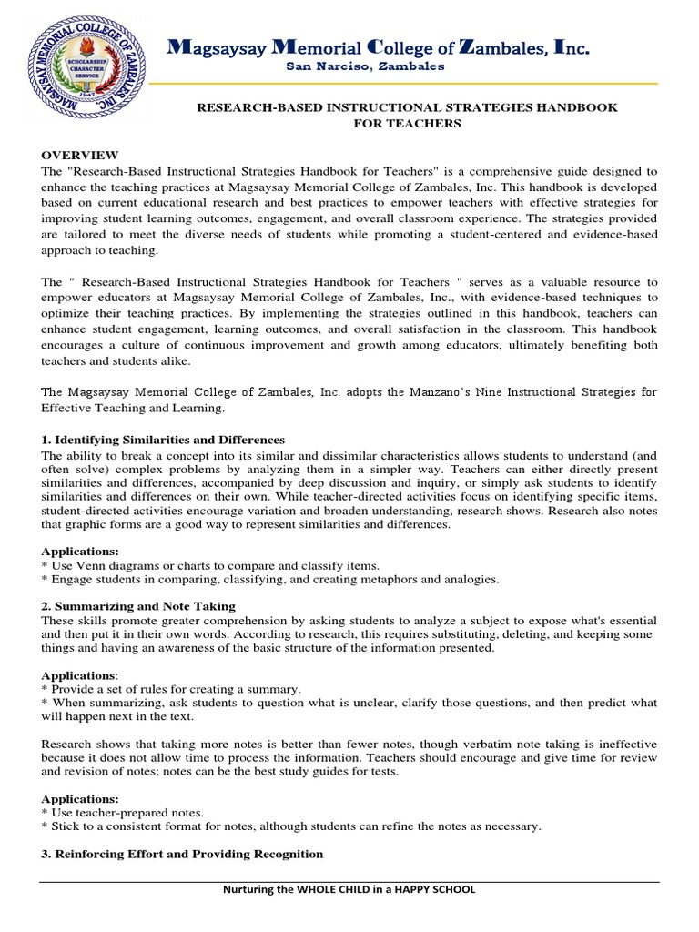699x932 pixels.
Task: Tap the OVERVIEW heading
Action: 79,156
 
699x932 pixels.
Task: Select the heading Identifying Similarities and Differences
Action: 163,440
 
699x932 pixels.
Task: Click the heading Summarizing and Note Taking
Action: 138,605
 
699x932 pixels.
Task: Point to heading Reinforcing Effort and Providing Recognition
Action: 182,854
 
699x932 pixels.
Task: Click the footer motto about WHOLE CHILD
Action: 349,889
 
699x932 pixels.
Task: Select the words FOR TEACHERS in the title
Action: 408,124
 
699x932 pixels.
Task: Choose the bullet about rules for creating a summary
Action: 171,689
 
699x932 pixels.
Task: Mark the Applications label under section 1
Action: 81,552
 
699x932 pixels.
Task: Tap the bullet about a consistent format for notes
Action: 291,826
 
